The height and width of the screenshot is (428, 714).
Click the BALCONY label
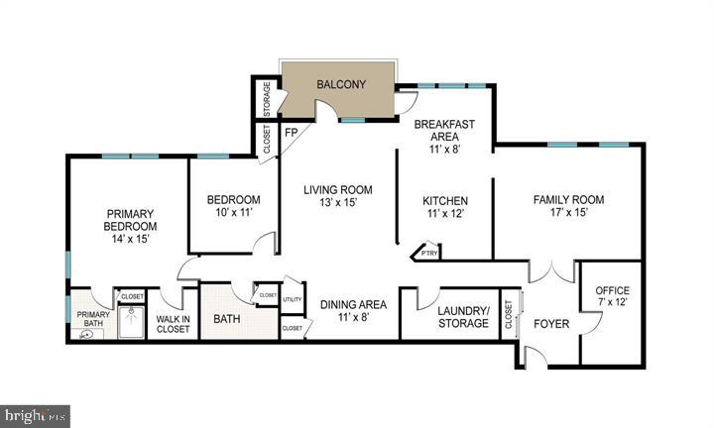tap(340, 85)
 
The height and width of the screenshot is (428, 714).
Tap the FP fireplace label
tap(292, 132)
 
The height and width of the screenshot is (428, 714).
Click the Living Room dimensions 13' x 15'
tap(337, 203)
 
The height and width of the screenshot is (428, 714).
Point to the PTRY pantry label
tap(428, 254)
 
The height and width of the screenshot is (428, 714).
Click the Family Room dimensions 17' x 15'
tap(568, 213)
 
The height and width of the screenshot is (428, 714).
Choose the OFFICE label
tap(612, 289)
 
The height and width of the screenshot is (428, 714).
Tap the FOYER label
tap(550, 323)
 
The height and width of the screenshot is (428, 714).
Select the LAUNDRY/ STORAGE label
tap(463, 317)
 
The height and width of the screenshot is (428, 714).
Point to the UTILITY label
tap(292, 298)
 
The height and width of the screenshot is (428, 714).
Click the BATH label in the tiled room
tap(227, 320)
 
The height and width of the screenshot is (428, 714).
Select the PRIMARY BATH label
tap(93, 320)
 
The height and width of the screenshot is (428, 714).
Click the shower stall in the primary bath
tap(131, 322)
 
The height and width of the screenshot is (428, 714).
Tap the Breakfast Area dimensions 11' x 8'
tap(444, 150)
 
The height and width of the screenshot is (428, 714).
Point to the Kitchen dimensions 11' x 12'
tap(444, 213)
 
